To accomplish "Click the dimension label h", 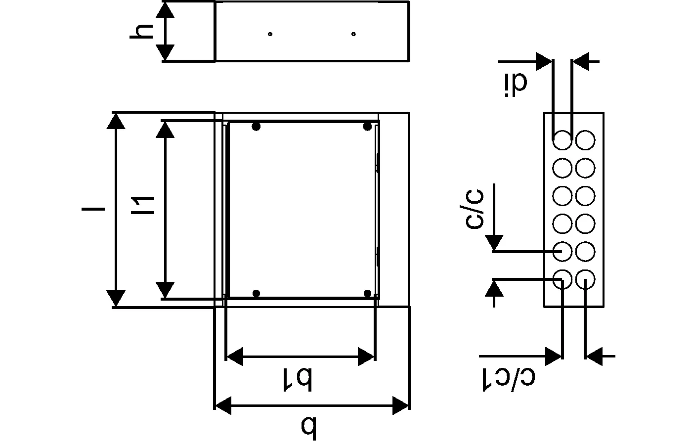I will point(141,31).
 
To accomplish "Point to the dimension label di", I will point(516,84).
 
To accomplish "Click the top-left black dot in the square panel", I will point(256,127).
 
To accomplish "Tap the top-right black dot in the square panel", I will point(367,127).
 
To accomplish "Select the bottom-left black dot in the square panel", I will point(256,293).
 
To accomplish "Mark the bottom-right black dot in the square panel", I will point(367,293).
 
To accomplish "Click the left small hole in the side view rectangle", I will point(270,34).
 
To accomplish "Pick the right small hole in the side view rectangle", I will point(353,34).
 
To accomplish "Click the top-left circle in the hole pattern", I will point(562,140).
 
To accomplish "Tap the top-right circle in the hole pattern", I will point(585,140).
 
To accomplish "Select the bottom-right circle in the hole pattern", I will point(585,279).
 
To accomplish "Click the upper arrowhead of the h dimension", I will point(168,10).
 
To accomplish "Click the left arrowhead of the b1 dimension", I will point(234,356).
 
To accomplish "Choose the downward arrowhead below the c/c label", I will point(494,243).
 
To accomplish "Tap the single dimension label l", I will point(93,209).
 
